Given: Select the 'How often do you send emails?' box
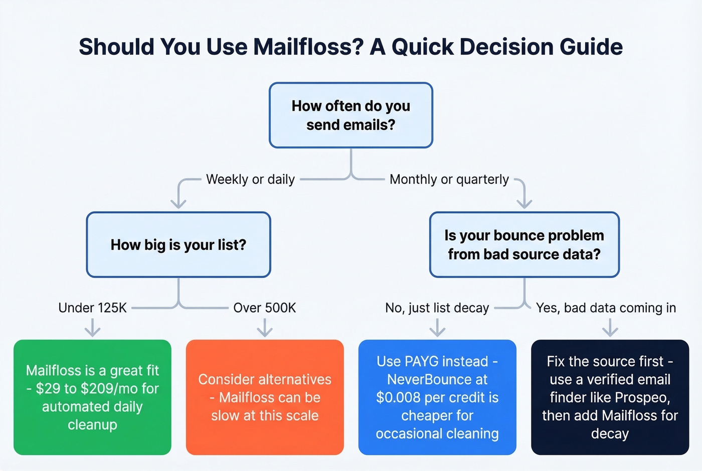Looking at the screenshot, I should tap(350, 115).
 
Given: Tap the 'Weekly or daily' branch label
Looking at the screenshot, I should tap(250, 179).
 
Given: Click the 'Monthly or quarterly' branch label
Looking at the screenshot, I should tap(449, 179).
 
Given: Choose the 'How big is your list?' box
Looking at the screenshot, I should tap(179, 245).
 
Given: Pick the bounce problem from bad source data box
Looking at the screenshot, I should tap(524, 245).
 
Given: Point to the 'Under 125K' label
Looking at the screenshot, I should tap(92, 307).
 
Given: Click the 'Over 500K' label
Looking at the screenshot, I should tap(264, 307).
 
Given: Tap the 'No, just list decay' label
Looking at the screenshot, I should tap(437, 307).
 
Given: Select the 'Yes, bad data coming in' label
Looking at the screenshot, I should tap(606, 307).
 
